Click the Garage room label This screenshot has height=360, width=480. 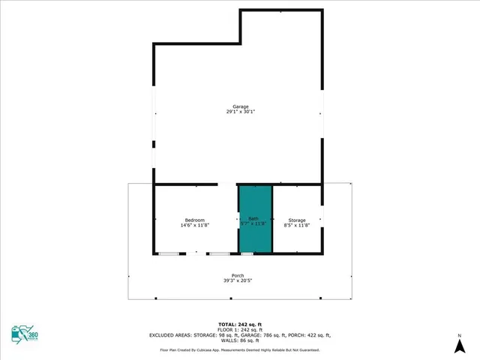click(x=239, y=106)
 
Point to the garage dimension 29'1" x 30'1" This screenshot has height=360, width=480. click(x=239, y=112)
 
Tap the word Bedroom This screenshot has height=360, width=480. click(x=195, y=220)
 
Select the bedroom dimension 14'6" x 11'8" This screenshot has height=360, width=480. click(x=195, y=225)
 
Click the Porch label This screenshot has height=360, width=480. click(x=238, y=275)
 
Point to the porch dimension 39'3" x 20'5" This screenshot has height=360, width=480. click(x=238, y=280)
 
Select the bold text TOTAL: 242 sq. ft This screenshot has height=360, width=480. click(x=239, y=323)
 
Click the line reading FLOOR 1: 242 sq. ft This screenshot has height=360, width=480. click(x=239, y=329)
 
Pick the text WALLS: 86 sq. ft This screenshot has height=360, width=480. click(x=239, y=341)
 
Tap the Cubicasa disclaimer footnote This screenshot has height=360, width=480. click(x=239, y=349)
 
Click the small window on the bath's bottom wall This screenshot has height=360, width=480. click(x=247, y=253)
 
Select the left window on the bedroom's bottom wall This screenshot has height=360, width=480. click(x=169, y=253)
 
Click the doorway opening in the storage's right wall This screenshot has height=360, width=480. click(x=322, y=219)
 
